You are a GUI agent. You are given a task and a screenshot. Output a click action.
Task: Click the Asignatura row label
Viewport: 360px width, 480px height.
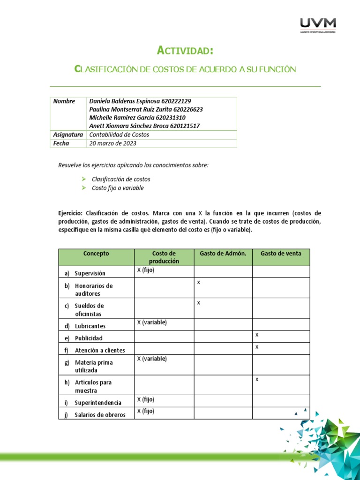pyautogui.click(x=68, y=135)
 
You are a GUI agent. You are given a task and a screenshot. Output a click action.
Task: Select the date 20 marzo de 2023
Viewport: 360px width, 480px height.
pyautogui.click(x=112, y=143)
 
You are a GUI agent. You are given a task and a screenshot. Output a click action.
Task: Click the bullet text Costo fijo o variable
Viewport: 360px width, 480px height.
pyautogui.click(x=118, y=188)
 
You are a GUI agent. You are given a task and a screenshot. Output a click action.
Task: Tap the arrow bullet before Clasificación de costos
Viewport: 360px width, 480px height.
pyautogui.click(x=83, y=179)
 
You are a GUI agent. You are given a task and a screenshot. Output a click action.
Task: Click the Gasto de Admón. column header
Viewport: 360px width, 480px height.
pyautogui.click(x=223, y=254)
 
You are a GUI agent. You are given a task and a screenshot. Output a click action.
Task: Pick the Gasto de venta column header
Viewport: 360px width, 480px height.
pyautogui.click(x=281, y=254)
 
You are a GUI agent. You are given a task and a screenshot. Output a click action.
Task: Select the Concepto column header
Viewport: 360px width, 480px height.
pyautogui.click(x=96, y=254)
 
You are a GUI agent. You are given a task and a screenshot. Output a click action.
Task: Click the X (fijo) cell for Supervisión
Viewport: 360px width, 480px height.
pyautogui.click(x=145, y=270)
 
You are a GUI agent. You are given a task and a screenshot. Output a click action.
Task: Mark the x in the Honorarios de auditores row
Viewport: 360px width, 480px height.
pyautogui.click(x=199, y=283)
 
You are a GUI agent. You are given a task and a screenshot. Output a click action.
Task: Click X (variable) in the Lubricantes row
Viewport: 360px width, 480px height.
pyautogui.click(x=151, y=322)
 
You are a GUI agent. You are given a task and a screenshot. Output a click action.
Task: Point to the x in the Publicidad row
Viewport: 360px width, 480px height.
pyautogui.click(x=257, y=335)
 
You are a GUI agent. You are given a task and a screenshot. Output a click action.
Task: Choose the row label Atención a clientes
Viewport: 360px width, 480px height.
pyautogui.click(x=99, y=350)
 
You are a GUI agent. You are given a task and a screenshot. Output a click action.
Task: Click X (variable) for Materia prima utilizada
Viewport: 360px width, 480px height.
pyautogui.click(x=151, y=359)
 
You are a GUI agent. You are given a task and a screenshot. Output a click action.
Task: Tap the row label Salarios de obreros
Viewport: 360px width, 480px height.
pyautogui.click(x=100, y=415)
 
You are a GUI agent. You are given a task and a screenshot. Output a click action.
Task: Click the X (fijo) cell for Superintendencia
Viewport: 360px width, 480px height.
pyautogui.click(x=145, y=399)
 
